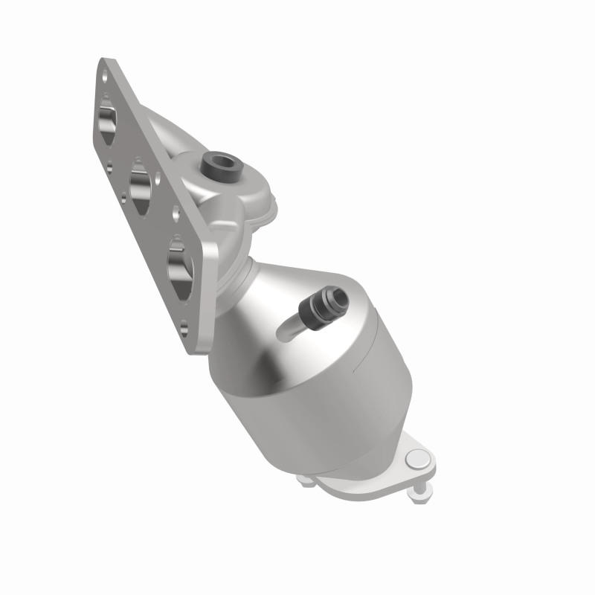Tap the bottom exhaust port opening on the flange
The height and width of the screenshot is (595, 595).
coord(181,266)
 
